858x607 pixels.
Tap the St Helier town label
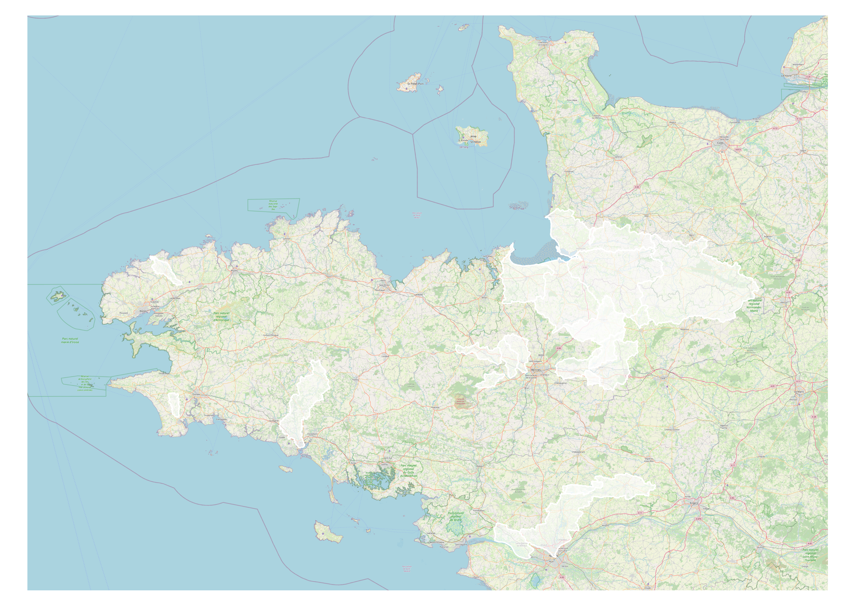[x=475, y=142]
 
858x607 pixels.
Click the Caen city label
[x=720, y=143]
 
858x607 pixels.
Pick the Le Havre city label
[x=786, y=75]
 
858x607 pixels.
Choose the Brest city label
[x=143, y=311]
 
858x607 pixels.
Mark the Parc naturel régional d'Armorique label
[x=221, y=316]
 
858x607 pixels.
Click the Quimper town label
[x=196, y=394]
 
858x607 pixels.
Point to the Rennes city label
[x=536, y=370]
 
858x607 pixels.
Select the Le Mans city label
[x=799, y=392]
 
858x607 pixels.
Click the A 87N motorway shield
[x=698, y=519]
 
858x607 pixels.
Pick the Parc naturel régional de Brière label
[x=456, y=516]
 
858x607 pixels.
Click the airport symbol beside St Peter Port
[x=406, y=89]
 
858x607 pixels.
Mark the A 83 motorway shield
[x=562, y=577]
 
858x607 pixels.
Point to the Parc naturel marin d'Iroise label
[x=70, y=340]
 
